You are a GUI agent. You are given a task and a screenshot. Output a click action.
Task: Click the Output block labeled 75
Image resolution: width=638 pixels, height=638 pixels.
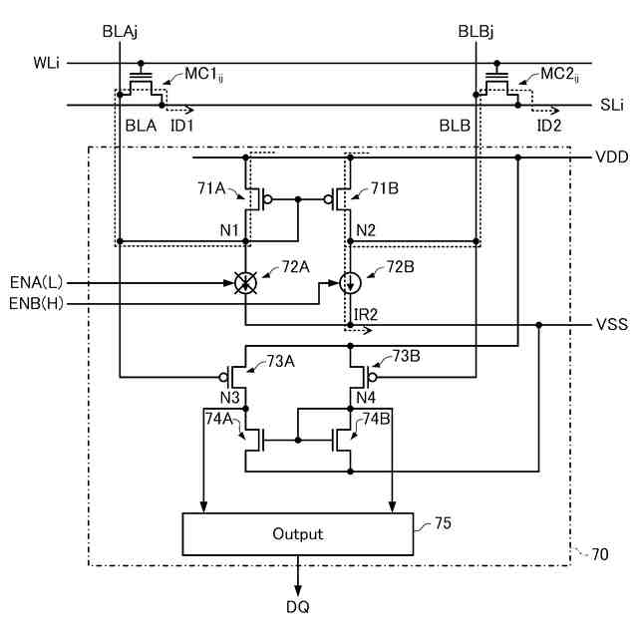click(x=298, y=534)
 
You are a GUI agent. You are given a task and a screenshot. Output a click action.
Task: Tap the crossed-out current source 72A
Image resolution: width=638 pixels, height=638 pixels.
click(x=245, y=283)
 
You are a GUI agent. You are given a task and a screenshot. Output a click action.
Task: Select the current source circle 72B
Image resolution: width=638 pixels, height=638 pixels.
click(x=350, y=283)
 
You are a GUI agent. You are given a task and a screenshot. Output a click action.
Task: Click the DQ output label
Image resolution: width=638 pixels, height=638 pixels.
click(x=298, y=607)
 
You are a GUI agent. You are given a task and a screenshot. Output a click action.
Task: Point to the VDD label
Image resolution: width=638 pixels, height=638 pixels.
click(x=611, y=158)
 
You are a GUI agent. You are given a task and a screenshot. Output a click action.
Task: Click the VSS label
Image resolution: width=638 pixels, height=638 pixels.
click(x=611, y=324)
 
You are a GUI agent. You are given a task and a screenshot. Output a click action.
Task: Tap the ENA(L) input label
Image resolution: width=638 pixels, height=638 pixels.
click(x=37, y=282)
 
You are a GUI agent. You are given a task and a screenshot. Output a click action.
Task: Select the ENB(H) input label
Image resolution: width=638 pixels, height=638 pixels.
click(x=36, y=303)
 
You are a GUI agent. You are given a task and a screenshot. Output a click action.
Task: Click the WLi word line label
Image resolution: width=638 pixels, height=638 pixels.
click(x=47, y=63)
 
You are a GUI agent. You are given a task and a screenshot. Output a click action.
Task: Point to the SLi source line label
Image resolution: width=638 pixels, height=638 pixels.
click(x=612, y=105)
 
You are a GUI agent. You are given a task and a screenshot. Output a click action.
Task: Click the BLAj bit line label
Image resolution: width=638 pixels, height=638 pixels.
click(x=120, y=32)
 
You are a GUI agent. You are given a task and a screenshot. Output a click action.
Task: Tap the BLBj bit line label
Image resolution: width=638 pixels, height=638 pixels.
click(x=476, y=32)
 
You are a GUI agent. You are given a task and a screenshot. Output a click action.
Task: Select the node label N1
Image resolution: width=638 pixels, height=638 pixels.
click(x=229, y=230)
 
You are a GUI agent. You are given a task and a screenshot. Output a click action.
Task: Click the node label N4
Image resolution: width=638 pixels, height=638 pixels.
click(x=366, y=398)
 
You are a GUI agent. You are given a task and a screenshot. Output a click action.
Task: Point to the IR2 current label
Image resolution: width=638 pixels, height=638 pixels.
click(x=366, y=315)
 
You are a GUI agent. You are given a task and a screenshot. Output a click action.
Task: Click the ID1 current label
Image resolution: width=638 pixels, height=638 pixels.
click(x=181, y=126)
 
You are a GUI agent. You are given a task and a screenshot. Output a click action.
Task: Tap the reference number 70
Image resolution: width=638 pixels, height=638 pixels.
click(x=600, y=554)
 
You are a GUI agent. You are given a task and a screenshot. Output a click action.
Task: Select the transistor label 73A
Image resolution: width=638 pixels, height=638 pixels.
click(x=280, y=361)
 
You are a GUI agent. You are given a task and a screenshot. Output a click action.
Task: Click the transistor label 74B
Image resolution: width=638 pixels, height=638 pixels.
click(x=377, y=419)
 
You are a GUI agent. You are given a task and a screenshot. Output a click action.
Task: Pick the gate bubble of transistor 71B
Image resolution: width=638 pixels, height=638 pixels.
click(x=328, y=199)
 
